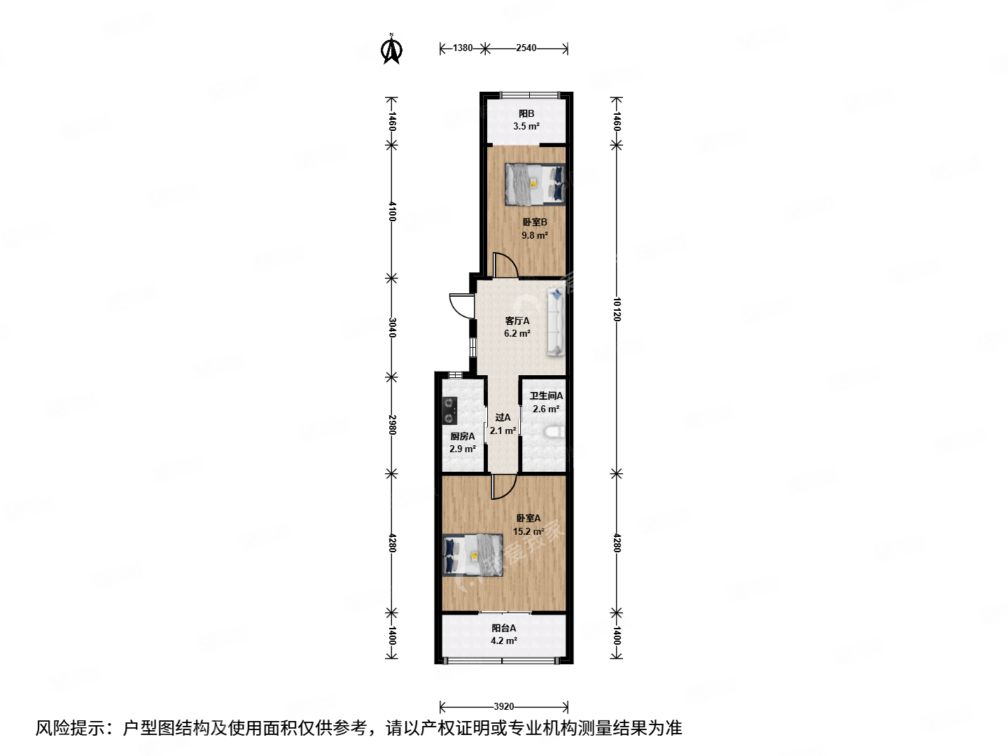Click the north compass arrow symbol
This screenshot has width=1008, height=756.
[391, 49]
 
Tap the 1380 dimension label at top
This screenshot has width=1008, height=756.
[462, 48]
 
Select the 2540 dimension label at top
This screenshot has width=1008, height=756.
[526, 48]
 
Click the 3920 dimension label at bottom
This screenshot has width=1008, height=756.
[503, 707]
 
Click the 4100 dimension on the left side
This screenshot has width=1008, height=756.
[392, 211]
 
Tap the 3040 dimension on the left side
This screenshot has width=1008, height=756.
[392, 327]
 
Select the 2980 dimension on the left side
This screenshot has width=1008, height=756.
[392, 425]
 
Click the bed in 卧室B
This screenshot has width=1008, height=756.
[535, 184]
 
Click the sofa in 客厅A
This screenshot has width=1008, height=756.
[556, 322]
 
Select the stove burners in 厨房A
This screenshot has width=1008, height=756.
[449, 410]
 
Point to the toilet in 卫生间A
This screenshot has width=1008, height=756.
[555, 433]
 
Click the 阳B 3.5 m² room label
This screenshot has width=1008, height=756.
[526, 120]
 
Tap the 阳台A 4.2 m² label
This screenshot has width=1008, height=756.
[503, 634]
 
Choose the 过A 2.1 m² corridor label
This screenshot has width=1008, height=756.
[503, 424]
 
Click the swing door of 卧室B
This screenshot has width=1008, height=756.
[505, 265]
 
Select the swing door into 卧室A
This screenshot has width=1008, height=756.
[503, 486]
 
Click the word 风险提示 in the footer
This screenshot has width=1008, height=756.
[71, 728]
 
